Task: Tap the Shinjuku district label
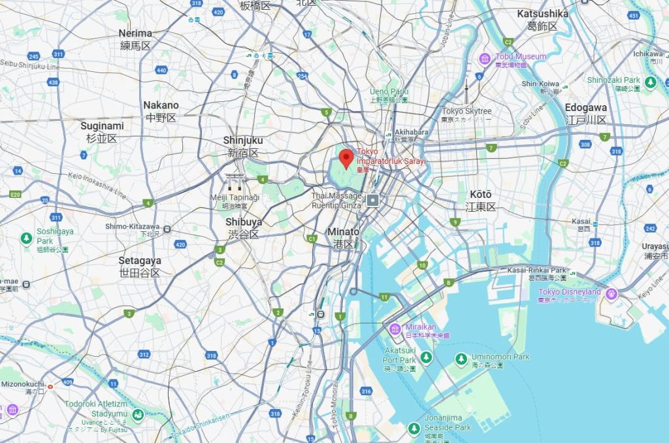pos(243,140)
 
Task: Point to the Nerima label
pos(135,33)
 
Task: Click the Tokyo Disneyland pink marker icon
pos(612,293)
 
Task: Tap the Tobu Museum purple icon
pos(485,59)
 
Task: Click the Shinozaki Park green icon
pos(650,82)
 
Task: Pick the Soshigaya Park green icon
pos(27,238)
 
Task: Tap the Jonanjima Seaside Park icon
pos(414,429)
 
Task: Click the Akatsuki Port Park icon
pos(426,357)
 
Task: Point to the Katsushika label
pos(542,14)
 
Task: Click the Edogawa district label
pos(585,108)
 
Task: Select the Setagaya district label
pos(139,261)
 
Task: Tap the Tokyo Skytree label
pos(466,111)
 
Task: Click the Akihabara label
pos(411,132)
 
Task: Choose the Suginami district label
pos(102,126)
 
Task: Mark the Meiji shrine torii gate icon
pos(234,182)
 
